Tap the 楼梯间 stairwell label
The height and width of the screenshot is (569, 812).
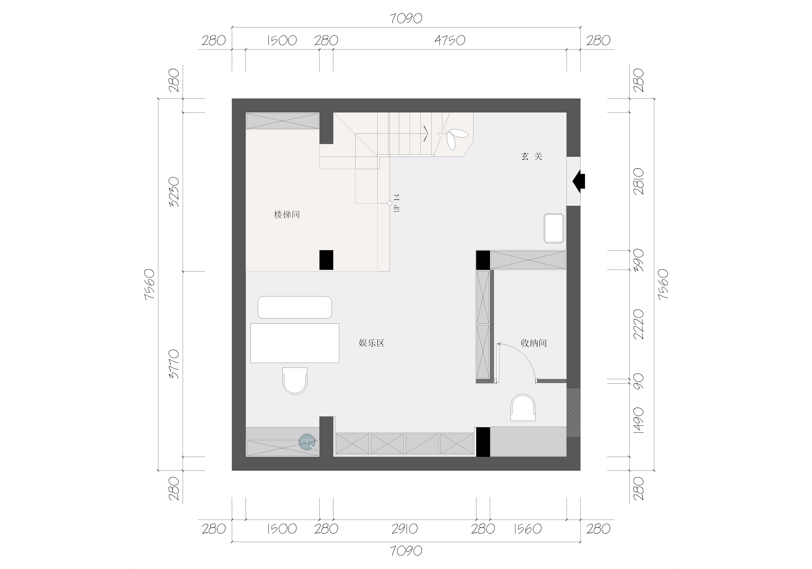coord(287,215)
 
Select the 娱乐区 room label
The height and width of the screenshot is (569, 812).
coord(371,343)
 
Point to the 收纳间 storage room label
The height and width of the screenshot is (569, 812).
coord(534,343)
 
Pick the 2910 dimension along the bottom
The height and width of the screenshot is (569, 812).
coord(405,529)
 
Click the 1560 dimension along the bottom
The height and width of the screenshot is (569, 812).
coord(527,529)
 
